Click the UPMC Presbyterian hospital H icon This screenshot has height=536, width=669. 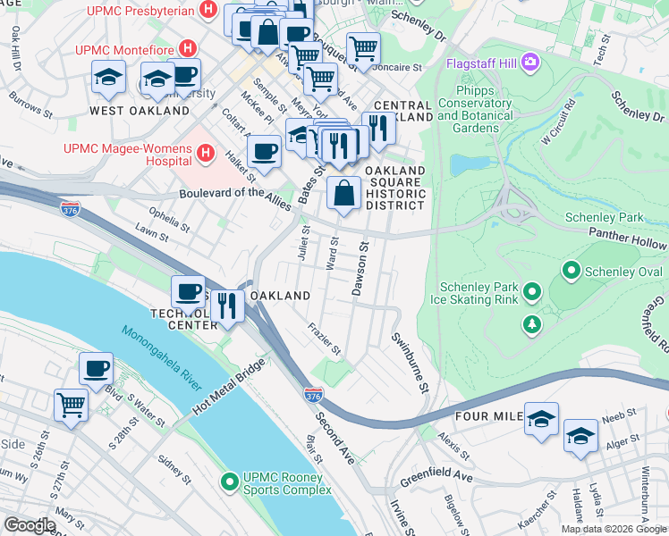[208, 12]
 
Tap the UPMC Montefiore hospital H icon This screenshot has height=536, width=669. [188, 47]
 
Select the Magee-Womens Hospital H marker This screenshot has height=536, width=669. [206, 154]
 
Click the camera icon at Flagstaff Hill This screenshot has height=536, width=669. [530, 62]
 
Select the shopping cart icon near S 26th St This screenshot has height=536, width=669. [72, 404]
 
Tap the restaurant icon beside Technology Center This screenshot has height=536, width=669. [228, 306]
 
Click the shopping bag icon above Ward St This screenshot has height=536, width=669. [344, 193]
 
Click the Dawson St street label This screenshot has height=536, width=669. [360, 268]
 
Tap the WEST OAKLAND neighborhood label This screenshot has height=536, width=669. [140, 111]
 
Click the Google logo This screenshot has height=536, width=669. [30, 524]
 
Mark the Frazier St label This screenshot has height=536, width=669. [325, 338]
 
